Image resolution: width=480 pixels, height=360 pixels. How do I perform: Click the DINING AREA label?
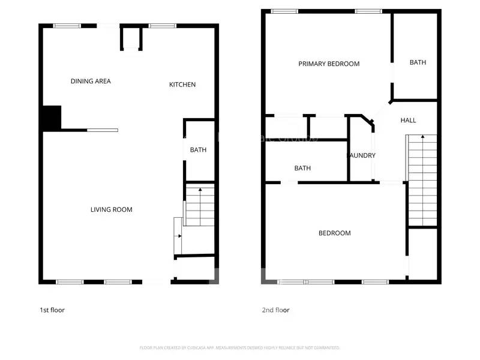(x=91, y=81)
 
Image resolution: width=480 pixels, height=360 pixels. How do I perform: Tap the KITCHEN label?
(x=182, y=85)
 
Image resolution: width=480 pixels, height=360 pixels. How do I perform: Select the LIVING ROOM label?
(x=111, y=209)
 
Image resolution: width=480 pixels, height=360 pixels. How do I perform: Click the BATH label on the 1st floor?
(x=198, y=149)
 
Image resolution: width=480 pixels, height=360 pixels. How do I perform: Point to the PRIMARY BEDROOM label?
(x=329, y=64)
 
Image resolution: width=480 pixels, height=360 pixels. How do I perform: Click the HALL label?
(x=408, y=121)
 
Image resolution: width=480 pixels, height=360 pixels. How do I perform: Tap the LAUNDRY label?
(x=362, y=155)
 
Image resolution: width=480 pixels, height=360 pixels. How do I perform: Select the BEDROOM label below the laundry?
(x=334, y=233)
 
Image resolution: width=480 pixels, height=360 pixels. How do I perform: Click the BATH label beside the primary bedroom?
(x=418, y=62)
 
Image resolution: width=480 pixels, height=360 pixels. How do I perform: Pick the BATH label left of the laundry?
(x=302, y=168)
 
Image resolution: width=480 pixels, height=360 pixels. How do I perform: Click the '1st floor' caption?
(x=52, y=310)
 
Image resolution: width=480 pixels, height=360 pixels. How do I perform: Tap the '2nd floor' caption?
(x=275, y=310)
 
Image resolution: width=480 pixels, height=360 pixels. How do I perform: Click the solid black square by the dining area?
(x=52, y=117)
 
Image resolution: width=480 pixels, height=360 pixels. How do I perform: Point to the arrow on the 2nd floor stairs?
(x=422, y=137)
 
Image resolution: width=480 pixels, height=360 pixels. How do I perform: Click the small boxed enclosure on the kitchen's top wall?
(x=132, y=40)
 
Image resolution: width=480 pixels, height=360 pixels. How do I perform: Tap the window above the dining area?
(x=67, y=25)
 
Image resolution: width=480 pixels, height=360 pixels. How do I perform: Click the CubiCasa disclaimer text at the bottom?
(x=239, y=347)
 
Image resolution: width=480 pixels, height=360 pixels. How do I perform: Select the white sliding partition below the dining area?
(x=102, y=130)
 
